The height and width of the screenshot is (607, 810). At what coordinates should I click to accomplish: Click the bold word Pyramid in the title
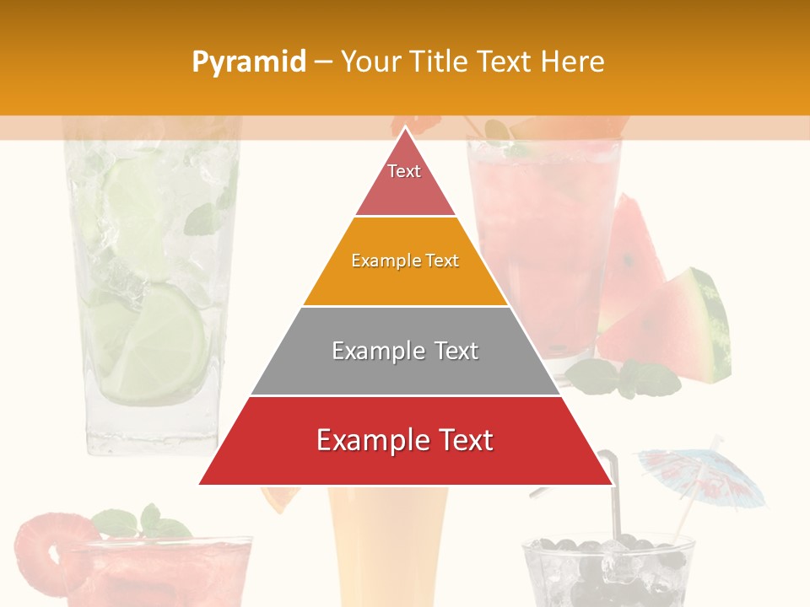pyautogui.click(x=249, y=62)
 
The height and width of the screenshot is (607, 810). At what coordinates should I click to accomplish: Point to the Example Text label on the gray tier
pyautogui.click(x=405, y=351)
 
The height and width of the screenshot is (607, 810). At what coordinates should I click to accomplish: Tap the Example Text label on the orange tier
pyautogui.click(x=405, y=261)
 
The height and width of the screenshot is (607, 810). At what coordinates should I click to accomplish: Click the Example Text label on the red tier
pyautogui.click(x=405, y=440)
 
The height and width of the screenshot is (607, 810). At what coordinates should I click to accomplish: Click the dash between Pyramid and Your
pyautogui.click(x=323, y=62)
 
